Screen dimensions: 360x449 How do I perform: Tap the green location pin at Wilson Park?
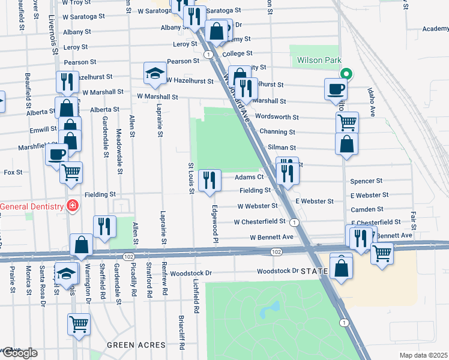point(346,74)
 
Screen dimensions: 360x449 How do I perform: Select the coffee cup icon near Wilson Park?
point(336,89)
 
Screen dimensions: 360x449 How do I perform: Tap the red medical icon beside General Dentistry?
point(73,206)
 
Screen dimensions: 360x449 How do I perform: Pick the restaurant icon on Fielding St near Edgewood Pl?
point(209,180)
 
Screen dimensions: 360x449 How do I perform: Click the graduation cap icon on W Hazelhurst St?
point(155,73)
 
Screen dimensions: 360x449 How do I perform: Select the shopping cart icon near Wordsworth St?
point(347,122)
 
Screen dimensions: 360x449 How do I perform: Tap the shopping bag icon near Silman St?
point(346,144)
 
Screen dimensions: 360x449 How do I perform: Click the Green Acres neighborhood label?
point(136,345)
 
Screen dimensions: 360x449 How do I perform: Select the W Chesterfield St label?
point(256,221)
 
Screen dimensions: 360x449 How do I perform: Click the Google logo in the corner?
point(19,353)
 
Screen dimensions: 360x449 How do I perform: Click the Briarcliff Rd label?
point(181,332)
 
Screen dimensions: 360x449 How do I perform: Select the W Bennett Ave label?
point(272,237)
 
